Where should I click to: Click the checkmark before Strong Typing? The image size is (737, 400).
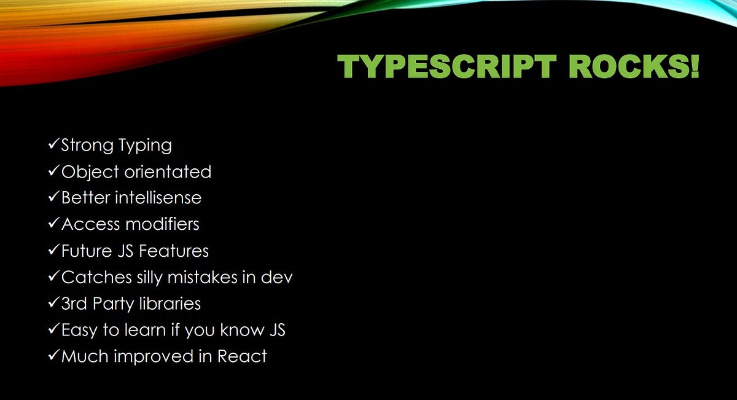[x=53, y=145]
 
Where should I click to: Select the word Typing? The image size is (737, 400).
[x=146, y=146]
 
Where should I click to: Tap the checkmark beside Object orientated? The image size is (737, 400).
[x=53, y=171]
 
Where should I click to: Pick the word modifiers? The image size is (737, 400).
[x=162, y=224]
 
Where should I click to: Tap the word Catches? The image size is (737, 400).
[x=96, y=277]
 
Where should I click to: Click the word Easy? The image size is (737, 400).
[x=80, y=331]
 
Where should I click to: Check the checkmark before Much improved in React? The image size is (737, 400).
[x=53, y=356]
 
